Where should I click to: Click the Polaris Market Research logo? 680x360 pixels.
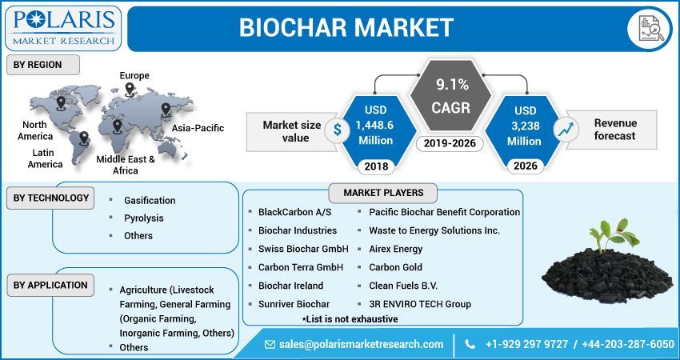[62, 26]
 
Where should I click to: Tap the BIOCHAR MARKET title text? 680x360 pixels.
[346, 28]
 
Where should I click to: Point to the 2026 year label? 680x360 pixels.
[525, 166]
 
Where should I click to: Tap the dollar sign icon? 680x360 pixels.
[338, 127]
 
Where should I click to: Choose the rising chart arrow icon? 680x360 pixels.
[566, 128]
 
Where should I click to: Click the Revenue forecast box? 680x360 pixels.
[614, 130]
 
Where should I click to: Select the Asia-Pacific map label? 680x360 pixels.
[198, 128]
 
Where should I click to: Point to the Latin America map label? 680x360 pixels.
[46, 158]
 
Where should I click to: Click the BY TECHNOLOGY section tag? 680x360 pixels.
[50, 198]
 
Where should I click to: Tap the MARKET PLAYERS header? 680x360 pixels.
[383, 193]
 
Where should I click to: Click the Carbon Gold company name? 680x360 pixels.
[395, 267]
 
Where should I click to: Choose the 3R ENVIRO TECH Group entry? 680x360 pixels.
[420, 304]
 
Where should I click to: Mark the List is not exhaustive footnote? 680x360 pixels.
[354, 318]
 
